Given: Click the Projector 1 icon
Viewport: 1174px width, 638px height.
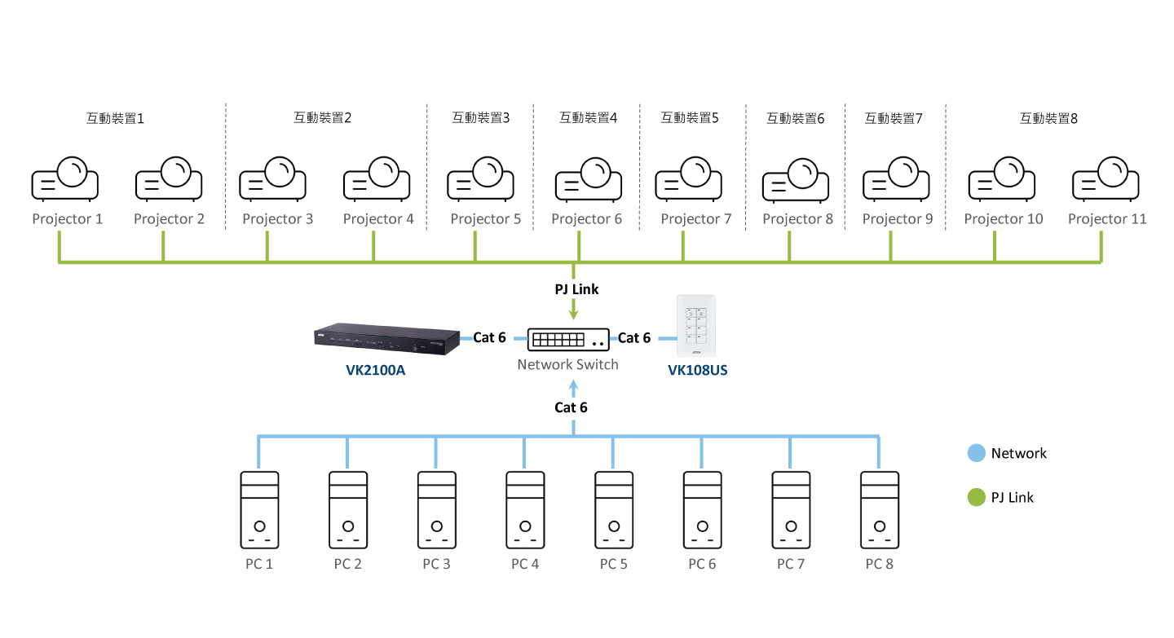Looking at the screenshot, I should point(65,180).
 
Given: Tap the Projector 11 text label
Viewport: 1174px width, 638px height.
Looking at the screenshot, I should point(1107,218).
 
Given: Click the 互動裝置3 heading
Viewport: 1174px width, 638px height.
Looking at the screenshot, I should point(480,117).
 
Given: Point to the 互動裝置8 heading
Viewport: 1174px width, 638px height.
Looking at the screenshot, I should point(1048,118).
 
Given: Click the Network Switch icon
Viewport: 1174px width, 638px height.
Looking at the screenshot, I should point(568,338).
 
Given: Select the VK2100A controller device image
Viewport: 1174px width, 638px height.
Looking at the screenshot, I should point(386,340).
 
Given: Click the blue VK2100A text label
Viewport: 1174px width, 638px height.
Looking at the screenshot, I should point(375,371).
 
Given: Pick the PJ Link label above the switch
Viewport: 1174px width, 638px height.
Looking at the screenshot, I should point(576,289).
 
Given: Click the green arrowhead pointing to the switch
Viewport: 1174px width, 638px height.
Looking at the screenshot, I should point(575,313).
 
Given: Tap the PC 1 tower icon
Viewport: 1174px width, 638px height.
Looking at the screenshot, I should point(259,510).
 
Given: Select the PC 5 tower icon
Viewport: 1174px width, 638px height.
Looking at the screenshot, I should point(614,510).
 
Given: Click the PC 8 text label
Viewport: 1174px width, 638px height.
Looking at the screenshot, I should point(879,564).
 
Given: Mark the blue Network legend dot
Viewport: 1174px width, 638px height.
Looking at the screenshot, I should point(976,453).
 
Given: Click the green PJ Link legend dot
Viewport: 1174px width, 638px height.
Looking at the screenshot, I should point(976,497).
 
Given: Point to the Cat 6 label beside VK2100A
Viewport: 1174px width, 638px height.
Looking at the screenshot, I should point(489,337).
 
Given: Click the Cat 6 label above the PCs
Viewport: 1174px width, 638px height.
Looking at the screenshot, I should point(571,407).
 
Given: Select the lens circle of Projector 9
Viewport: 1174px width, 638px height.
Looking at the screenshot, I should point(902,170).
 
